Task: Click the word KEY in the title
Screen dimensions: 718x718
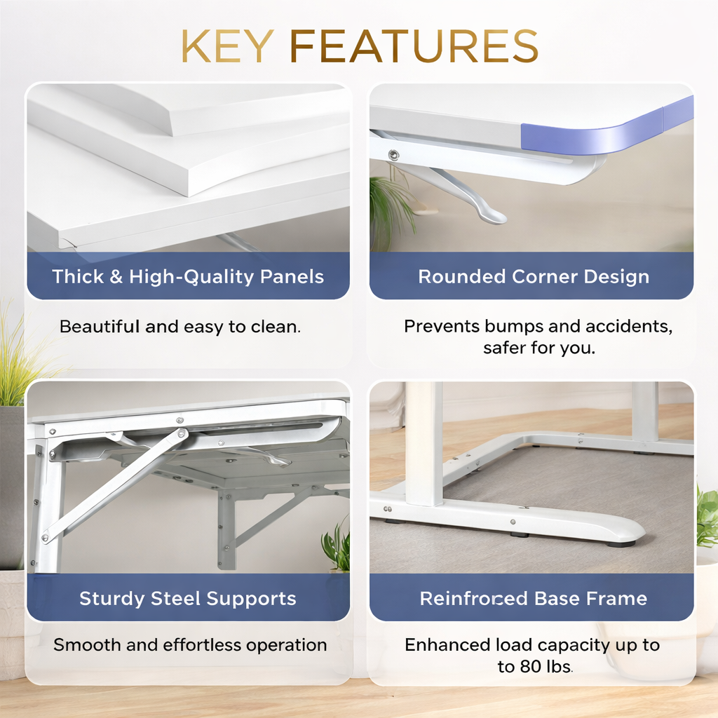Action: (x=228, y=46)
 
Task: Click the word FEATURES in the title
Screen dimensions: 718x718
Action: (x=414, y=46)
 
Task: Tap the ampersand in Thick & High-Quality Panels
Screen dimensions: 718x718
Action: (x=116, y=276)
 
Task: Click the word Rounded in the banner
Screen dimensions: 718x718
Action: (x=462, y=276)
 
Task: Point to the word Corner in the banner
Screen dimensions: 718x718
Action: (x=544, y=276)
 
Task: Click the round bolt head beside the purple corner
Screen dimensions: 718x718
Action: (x=393, y=155)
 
